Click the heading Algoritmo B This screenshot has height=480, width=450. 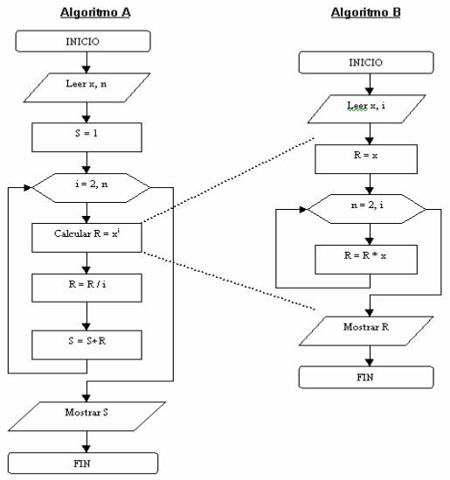tap(365, 11)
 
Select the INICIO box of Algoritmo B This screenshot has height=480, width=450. tap(365, 63)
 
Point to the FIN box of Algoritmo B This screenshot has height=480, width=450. tap(365, 376)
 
